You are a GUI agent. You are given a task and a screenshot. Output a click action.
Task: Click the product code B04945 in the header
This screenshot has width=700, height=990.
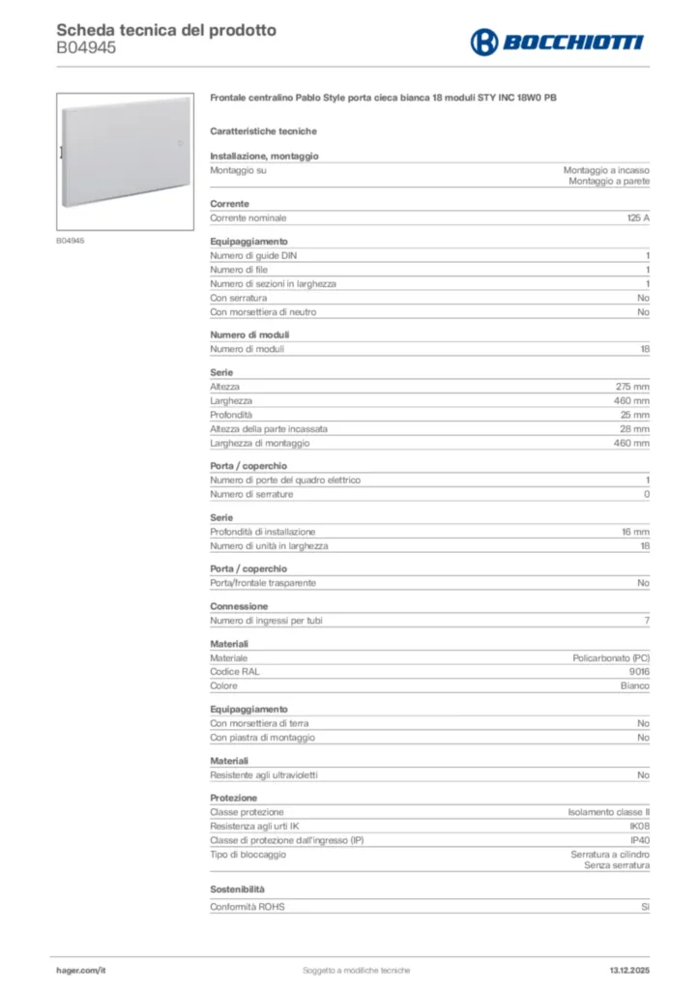(x=86, y=47)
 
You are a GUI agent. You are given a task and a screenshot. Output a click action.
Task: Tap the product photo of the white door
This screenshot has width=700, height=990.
(x=126, y=160)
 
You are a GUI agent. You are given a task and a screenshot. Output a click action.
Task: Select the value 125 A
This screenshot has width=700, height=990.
(x=638, y=218)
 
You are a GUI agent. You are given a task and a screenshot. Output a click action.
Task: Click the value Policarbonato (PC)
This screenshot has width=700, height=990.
(x=611, y=657)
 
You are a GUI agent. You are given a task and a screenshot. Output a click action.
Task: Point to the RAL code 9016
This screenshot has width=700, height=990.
(x=639, y=672)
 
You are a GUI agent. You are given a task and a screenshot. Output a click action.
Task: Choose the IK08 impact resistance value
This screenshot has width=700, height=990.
(x=639, y=827)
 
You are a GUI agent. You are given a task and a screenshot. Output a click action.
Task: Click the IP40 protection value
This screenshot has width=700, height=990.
(x=639, y=840)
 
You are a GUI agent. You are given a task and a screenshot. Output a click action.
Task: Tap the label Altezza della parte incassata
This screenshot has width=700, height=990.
(x=269, y=428)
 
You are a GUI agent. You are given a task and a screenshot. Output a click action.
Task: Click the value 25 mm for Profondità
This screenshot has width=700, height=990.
(x=634, y=414)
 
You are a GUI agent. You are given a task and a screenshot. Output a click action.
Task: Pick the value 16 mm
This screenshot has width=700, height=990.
(x=634, y=532)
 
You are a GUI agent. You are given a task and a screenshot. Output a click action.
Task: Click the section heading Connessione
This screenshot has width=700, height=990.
(x=239, y=606)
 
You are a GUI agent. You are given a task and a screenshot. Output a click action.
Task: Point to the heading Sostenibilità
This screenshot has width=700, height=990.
(x=237, y=888)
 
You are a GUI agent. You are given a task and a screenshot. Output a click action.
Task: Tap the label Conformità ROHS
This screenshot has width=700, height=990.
(x=248, y=907)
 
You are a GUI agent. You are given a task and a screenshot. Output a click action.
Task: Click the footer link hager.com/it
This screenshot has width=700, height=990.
(x=80, y=970)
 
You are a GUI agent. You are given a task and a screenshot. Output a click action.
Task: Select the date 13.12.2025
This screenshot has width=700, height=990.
(x=628, y=970)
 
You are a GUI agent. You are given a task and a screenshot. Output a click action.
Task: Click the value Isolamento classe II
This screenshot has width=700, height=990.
(x=608, y=812)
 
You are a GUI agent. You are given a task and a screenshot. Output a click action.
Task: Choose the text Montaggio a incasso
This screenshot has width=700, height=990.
(x=606, y=170)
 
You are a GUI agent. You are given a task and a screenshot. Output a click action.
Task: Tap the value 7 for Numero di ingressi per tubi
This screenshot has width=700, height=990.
(x=646, y=621)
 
